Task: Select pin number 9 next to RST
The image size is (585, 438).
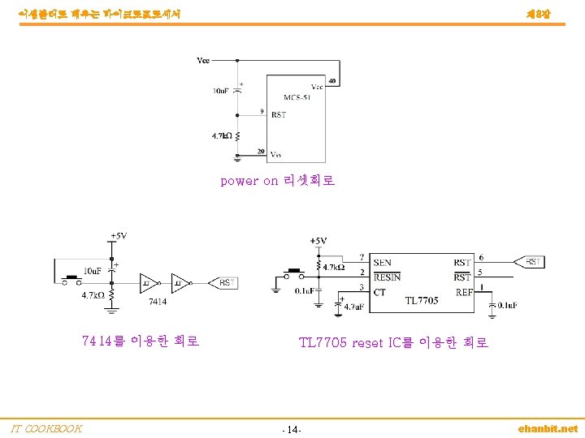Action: pos(261,111)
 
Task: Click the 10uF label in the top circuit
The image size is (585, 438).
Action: pos(221,91)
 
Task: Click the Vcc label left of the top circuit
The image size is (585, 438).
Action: pos(204,60)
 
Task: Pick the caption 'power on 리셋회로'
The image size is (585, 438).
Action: pos(278,181)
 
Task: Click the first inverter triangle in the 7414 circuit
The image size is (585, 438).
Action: pos(149,283)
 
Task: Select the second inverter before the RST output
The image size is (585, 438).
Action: pos(180,283)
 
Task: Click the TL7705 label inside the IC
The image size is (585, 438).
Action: pos(422,300)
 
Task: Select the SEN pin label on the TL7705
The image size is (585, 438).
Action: pos(383,262)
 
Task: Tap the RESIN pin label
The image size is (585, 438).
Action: pos(387,277)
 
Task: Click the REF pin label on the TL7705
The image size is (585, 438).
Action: pos(464,292)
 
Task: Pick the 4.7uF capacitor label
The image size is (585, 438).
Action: pos(355,307)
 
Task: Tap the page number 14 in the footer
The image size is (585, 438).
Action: pos(292,429)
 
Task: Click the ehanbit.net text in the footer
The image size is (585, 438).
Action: pos(548,428)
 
